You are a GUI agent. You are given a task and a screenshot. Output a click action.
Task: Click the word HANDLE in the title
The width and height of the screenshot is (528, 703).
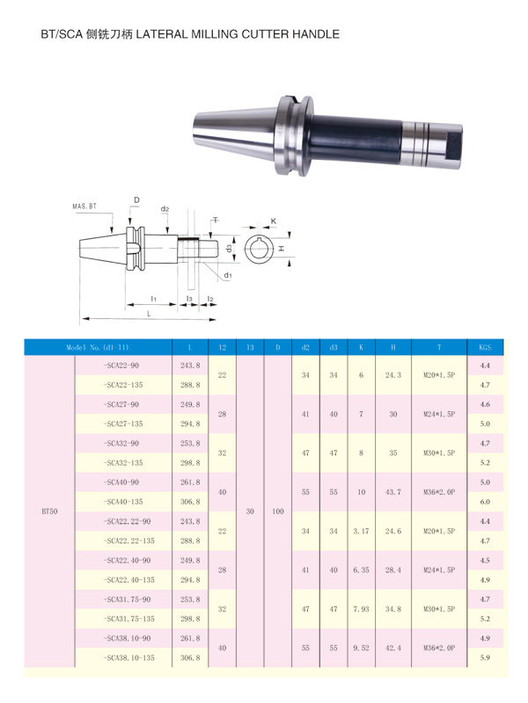(316, 34)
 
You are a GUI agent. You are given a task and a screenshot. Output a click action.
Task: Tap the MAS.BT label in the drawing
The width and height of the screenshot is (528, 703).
(84, 207)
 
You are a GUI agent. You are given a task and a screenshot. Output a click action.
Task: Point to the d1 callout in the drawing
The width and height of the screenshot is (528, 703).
(228, 275)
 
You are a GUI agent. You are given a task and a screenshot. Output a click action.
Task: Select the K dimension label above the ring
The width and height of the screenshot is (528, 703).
(274, 221)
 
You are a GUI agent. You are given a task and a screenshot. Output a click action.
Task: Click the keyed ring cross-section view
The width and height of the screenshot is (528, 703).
(258, 249)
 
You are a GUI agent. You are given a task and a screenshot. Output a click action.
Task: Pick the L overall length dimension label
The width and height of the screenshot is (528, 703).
(149, 314)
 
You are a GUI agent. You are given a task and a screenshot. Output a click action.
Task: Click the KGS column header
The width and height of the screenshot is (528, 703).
(485, 347)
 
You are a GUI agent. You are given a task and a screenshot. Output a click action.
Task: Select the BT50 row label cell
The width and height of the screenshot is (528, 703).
(50, 511)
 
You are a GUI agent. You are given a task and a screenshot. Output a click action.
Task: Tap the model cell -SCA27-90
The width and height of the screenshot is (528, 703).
(123, 404)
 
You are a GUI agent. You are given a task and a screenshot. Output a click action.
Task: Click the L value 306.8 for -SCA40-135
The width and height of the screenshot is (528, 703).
(190, 502)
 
